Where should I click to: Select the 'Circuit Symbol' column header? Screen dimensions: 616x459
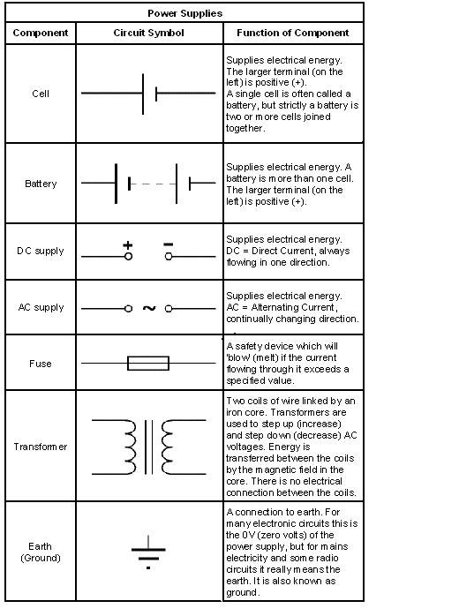[149, 34]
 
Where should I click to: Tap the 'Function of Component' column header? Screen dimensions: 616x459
[293, 34]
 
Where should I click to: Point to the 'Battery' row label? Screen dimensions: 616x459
[41, 184]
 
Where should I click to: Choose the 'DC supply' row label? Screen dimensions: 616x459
[41, 251]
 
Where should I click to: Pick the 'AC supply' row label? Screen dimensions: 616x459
[41, 307]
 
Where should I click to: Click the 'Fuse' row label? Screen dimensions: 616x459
[41, 363]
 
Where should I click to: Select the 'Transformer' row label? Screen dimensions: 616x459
[41, 447]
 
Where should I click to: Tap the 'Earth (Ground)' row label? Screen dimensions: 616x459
[41, 552]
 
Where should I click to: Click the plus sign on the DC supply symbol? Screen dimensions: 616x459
[128, 244]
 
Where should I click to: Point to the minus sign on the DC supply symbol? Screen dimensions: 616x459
[169, 244]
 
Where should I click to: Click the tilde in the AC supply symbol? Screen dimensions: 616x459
[148, 308]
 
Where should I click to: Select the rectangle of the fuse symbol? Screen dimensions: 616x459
[148, 363]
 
